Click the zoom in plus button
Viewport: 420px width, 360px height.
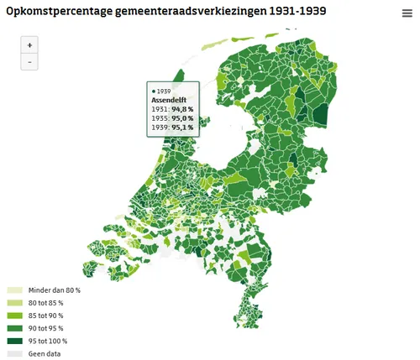pos(29,45)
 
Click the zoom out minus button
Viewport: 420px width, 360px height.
pos(29,62)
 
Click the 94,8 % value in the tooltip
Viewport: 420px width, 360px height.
pos(183,109)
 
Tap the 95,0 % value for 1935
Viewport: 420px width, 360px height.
pos(183,118)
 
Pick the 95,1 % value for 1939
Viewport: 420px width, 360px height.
pos(183,128)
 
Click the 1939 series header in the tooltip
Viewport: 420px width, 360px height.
pos(164,90)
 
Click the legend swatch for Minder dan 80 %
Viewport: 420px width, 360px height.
pos(15,290)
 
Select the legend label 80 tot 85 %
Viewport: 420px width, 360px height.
pos(46,302)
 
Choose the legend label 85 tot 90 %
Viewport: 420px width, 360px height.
pos(46,315)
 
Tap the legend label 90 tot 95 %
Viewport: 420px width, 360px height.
pos(46,327)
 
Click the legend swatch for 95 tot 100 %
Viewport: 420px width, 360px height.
pos(15,341)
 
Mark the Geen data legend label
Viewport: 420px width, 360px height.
pos(44,353)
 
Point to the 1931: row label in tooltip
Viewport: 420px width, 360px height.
pos(160,109)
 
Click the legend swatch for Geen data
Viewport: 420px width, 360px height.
pos(15,353)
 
